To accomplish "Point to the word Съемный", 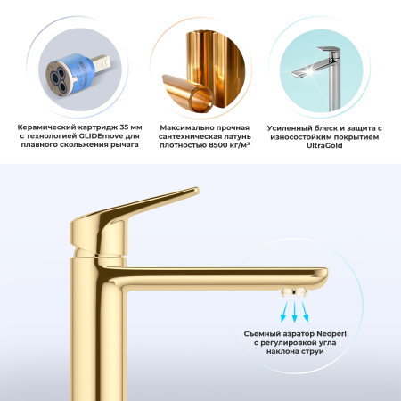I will [266, 332].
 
